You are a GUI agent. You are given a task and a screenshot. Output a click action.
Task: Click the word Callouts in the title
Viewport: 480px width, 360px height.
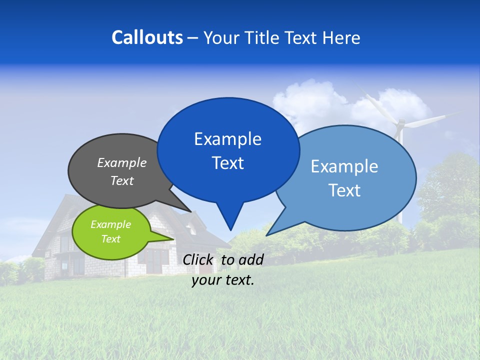pyautogui.click(x=147, y=37)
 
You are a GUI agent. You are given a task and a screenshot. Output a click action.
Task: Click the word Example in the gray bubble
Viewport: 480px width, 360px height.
pyautogui.click(x=121, y=162)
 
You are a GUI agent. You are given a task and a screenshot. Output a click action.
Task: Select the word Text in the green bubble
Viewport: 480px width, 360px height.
pyautogui.click(x=111, y=239)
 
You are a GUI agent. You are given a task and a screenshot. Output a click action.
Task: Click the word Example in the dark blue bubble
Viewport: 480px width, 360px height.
pyautogui.click(x=227, y=139)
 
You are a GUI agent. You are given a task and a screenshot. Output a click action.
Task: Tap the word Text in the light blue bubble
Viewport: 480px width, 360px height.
pyautogui.click(x=344, y=190)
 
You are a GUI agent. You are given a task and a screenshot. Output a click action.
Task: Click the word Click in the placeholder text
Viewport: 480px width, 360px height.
pyautogui.click(x=198, y=259)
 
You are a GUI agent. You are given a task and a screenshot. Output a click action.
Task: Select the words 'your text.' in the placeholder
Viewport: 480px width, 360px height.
pyautogui.click(x=223, y=280)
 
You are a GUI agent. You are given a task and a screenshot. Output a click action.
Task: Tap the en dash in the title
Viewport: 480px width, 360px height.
pyautogui.click(x=193, y=38)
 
